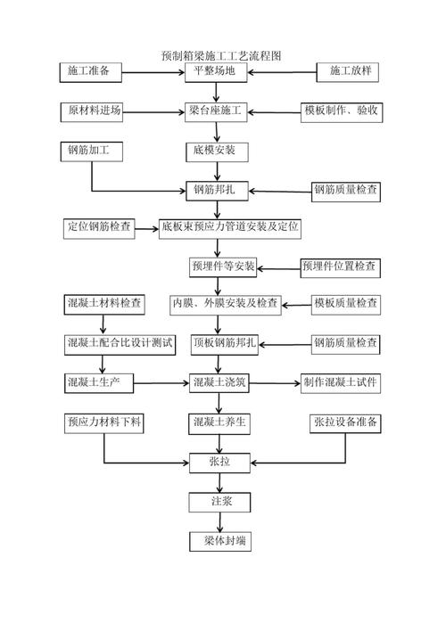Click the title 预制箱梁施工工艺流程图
(222, 55)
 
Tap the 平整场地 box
(215, 71)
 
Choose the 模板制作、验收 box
(343, 111)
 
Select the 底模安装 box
(215, 151)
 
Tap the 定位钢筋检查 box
(99, 227)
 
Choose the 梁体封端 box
(215, 541)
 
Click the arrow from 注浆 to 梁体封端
(216, 521)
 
